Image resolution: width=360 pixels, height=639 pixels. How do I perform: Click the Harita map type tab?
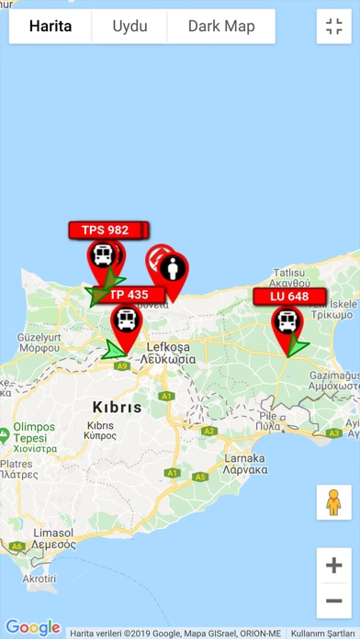(x=51, y=27)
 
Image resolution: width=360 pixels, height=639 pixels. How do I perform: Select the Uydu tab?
(x=129, y=27)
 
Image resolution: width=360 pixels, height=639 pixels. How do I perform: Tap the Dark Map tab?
(x=221, y=27)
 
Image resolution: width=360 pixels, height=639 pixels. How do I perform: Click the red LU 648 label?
(x=290, y=297)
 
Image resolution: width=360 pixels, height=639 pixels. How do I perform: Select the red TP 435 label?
(x=129, y=295)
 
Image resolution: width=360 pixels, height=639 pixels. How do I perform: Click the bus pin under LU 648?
(x=287, y=323)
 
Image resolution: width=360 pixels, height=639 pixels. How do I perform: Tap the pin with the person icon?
(x=171, y=271)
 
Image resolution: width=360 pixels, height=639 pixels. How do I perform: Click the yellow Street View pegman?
(x=333, y=502)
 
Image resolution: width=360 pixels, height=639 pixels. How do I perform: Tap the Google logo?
(x=33, y=628)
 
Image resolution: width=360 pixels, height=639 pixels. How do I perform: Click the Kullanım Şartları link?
(x=321, y=633)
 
